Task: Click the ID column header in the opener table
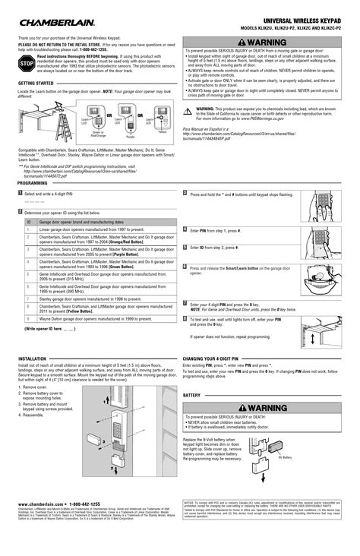29,222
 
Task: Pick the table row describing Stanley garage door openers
99,299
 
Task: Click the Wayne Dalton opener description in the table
99,320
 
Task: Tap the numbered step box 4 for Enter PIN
185,229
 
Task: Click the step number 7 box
185,302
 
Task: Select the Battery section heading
191,395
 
